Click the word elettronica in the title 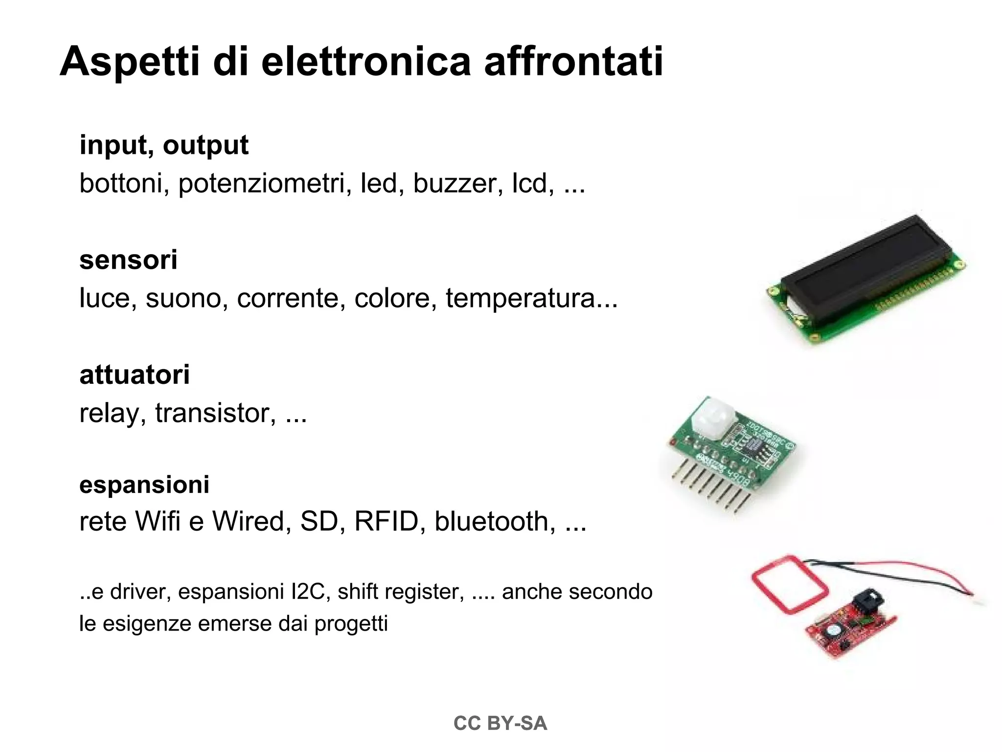point(366,62)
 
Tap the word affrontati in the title point(573,62)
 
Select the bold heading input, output point(164,145)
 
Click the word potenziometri point(261,184)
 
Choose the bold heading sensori point(128,259)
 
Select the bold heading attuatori point(135,375)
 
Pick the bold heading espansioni point(144,484)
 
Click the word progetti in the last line point(351,624)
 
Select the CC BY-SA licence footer point(500,724)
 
